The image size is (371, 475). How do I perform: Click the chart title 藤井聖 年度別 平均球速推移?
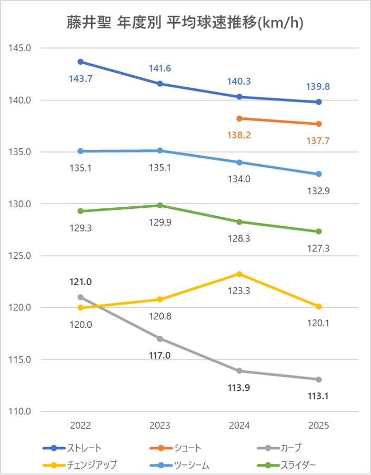click(x=185, y=23)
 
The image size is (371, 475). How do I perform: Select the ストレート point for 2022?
click(x=81, y=62)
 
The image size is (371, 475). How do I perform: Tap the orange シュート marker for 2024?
click(x=239, y=118)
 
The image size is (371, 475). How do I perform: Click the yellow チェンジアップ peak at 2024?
click(x=239, y=274)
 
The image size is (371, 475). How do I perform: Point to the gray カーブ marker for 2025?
click(x=319, y=379)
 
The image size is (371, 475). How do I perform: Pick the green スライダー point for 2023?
click(x=160, y=205)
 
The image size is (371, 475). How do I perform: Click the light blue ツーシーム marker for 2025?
click(x=319, y=174)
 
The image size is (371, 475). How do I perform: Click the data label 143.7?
click(x=80, y=78)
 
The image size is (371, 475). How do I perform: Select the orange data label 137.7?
click(x=318, y=141)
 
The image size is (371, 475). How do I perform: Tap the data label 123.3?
click(x=239, y=290)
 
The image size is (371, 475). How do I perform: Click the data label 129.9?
click(x=160, y=222)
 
